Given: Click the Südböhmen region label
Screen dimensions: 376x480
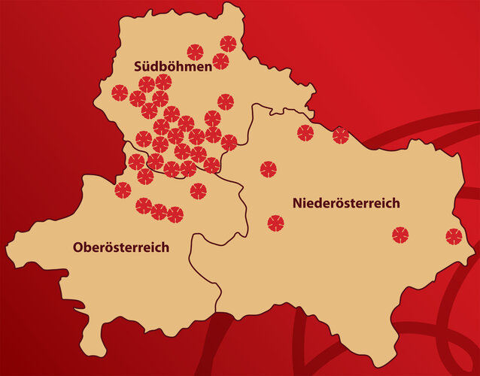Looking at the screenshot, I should coord(172,65).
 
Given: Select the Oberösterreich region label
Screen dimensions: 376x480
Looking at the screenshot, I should coord(120,247).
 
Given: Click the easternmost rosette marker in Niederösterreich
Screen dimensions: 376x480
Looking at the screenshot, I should coord(453,236).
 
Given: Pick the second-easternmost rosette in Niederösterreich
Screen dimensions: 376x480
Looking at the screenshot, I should coord(400,235).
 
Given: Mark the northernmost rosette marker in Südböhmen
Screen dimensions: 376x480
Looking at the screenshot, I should coord(228,44).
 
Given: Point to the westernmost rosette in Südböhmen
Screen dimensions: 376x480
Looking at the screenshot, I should coord(120,92).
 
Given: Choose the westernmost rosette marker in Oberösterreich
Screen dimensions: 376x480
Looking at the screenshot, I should coord(123,190).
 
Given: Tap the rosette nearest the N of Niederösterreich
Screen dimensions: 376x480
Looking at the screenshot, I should coord(276,223).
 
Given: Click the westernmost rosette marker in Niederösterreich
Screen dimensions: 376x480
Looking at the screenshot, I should coord(269,169).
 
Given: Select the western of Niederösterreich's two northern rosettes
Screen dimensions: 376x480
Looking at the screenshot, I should coord(305,133).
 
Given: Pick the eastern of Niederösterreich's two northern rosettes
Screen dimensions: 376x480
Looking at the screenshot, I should coord(341,135).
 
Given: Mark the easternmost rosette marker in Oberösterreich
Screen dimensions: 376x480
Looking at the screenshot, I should coord(198,191).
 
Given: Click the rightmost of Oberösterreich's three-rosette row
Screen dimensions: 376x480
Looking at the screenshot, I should coord(175,215).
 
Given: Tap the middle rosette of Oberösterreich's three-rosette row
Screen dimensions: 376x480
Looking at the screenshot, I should coord(159,211).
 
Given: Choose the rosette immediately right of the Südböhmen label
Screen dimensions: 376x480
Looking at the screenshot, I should coord(220,62).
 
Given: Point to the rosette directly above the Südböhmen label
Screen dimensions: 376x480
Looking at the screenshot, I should coord(195,51).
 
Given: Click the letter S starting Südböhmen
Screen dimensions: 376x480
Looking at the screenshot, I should coord(138,65).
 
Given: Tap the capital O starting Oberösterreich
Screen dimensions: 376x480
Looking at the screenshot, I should coord(77,247).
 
